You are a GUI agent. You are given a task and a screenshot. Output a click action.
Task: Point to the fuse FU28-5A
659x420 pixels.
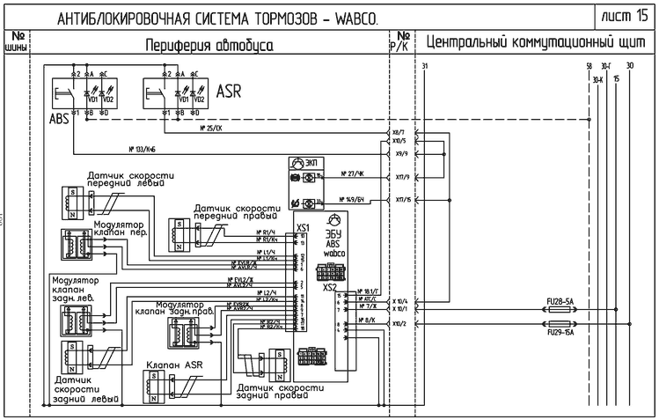[x=560, y=301]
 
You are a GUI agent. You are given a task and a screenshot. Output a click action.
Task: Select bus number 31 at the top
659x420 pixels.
[x=425, y=67]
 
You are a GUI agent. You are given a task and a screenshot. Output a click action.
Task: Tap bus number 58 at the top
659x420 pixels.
[x=588, y=67]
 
